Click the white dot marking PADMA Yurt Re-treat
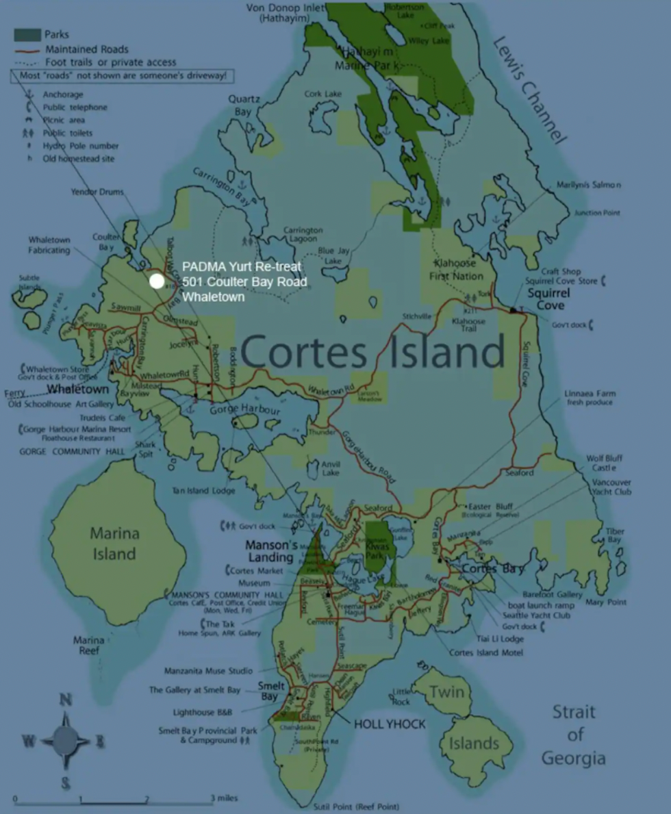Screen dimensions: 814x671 pyautogui.click(x=157, y=281)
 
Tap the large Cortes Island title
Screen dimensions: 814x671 pyautogui.click(x=372, y=352)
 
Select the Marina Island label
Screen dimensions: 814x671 pyautogui.click(x=114, y=543)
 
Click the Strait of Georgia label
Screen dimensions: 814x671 pyautogui.click(x=574, y=735)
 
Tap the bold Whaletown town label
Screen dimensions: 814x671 pyautogui.click(x=77, y=389)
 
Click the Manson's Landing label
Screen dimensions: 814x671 pyautogui.click(x=273, y=551)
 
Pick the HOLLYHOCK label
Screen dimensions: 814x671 pyautogui.click(x=389, y=724)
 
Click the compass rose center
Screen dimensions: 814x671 pyautogui.click(x=66, y=739)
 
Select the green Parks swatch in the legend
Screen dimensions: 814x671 pyautogui.click(x=27, y=35)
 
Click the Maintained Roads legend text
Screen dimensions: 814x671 pyautogui.click(x=86, y=49)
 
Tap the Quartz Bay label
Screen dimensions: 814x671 pyautogui.click(x=244, y=105)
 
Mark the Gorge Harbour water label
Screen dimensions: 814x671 pyautogui.click(x=244, y=410)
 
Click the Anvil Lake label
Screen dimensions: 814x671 pyautogui.click(x=331, y=468)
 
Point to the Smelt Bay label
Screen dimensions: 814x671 pyautogui.click(x=270, y=691)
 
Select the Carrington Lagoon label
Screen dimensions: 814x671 pyautogui.click(x=303, y=235)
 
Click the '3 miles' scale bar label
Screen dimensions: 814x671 pyautogui.click(x=224, y=798)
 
